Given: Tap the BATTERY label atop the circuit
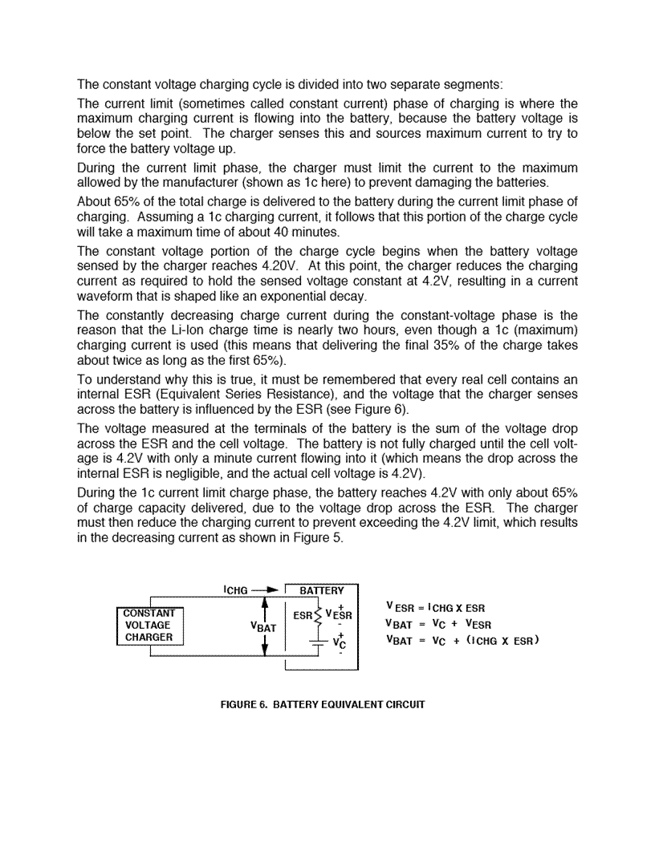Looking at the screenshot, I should pos(321,591).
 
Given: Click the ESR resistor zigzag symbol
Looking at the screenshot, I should pos(318,616).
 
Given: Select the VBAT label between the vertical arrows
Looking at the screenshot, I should pos(263,628).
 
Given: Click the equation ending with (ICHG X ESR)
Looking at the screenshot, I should pos(462,640).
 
